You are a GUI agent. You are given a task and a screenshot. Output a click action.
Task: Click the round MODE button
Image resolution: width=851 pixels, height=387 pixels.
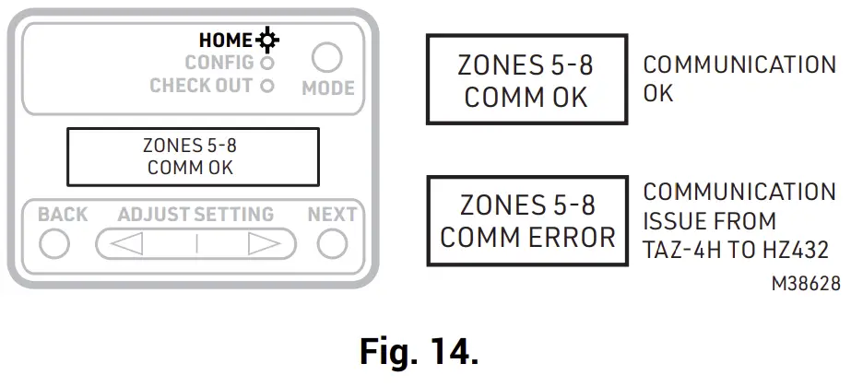pos(327,59)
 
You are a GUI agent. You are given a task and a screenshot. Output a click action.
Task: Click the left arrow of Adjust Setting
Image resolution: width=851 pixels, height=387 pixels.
pos(127,244)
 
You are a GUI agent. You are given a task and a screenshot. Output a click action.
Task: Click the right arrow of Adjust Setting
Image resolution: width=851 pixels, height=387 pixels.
pos(265,244)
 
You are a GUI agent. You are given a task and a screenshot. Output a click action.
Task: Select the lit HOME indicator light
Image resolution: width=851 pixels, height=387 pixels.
pos(269,41)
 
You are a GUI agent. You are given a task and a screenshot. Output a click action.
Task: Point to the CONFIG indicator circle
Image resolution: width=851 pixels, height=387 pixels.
pos(267,64)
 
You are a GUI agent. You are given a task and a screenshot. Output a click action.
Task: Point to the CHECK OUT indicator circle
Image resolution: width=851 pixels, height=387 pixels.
pos(267,87)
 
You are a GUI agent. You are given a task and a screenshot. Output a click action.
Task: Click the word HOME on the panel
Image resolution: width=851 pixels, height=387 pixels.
pos(225,41)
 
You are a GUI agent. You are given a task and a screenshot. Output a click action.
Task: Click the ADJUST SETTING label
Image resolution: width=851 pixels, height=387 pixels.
pos(195,215)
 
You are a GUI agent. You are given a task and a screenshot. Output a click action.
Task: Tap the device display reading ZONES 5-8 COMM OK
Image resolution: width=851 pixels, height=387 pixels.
pos(191,157)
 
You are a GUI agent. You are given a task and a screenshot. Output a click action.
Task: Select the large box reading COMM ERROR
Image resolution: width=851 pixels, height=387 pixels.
pos(526,220)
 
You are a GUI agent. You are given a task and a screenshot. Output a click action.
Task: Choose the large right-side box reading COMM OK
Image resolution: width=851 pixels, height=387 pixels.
pos(526,79)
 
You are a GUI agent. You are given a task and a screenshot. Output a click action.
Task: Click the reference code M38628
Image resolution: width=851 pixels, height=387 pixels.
pos(805,285)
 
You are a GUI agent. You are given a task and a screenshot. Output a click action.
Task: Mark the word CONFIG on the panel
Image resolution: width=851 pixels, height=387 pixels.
pos(219,64)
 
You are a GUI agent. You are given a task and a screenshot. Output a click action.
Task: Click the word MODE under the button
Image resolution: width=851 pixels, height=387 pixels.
pos(328,88)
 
